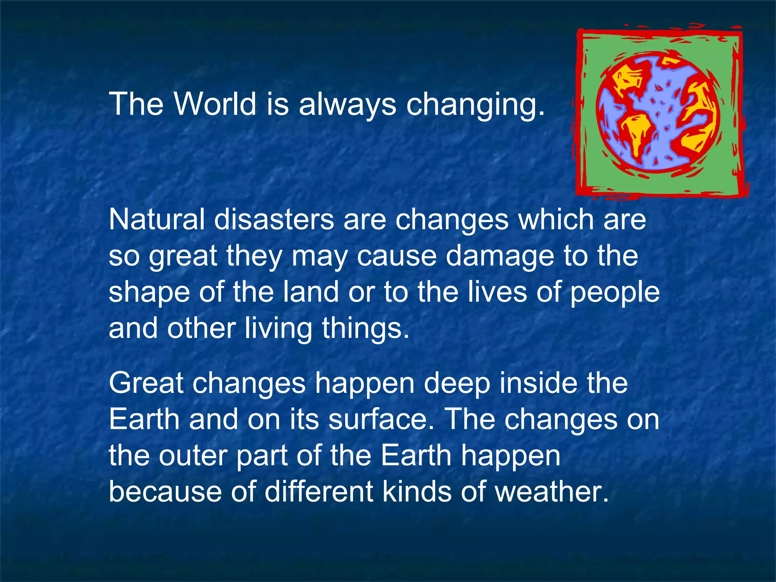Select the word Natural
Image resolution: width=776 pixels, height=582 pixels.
click(156, 219)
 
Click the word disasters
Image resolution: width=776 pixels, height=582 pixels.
click(274, 219)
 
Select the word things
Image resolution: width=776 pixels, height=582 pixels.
click(365, 328)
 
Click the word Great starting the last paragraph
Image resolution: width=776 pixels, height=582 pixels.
click(146, 383)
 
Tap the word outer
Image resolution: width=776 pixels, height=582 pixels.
click(193, 456)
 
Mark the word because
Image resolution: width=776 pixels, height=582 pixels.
click(165, 491)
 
